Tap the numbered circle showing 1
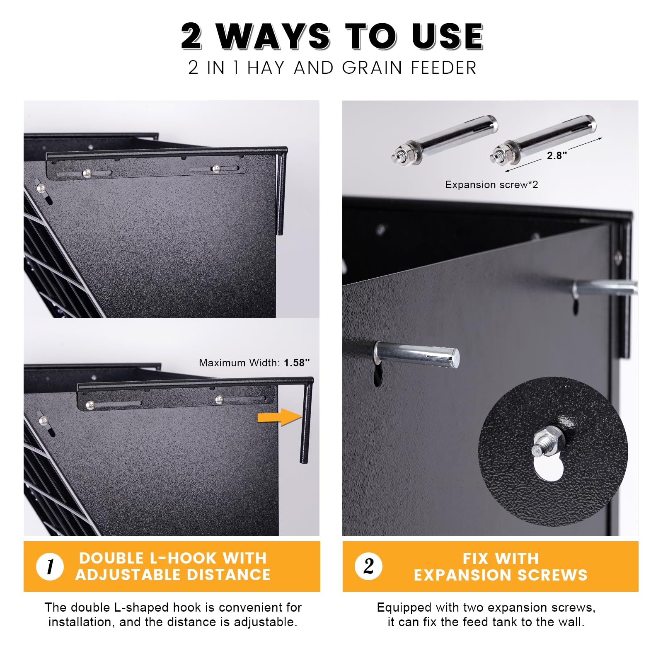pyautogui.click(x=50, y=566)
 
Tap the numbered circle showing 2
pyautogui.click(x=368, y=566)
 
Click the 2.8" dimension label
pyautogui.click(x=557, y=155)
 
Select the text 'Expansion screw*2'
pyautogui.click(x=491, y=185)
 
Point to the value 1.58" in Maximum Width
pyautogui.click(x=297, y=363)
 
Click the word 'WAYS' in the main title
pyautogui.click(x=273, y=36)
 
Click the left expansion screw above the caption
pyautogui.click(x=444, y=140)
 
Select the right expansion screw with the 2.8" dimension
pyautogui.click(x=543, y=140)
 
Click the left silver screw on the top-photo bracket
pyautogui.click(x=87, y=173)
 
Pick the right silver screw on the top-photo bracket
pyautogui.click(x=216, y=168)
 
